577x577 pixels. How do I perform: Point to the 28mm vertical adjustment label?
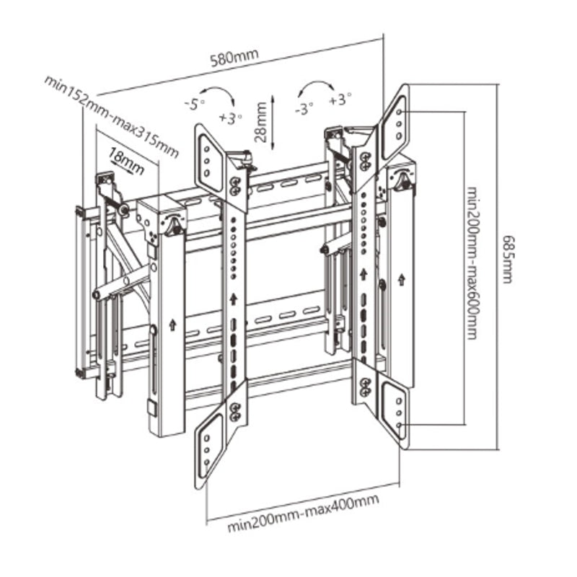(x=260, y=122)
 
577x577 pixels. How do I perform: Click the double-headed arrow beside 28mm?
(x=274, y=121)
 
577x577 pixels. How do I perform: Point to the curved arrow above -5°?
(x=217, y=93)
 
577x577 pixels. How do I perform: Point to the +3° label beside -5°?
(x=232, y=116)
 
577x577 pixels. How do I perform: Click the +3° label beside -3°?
(x=340, y=100)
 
